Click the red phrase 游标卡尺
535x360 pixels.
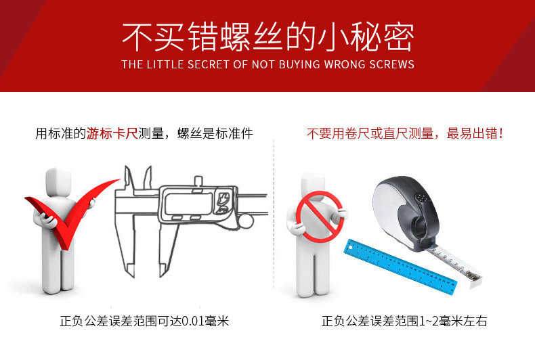pyautogui.click(x=112, y=133)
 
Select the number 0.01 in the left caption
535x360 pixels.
pyautogui.click(x=192, y=321)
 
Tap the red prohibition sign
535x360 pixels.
pyautogui.click(x=319, y=217)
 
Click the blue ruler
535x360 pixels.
pyautogui.click(x=400, y=267)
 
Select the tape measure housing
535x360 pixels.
pyautogui.click(x=406, y=212)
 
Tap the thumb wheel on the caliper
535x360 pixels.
pyautogui.click(x=245, y=221)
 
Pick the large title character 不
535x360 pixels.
pyautogui.click(x=137, y=37)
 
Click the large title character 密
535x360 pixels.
pyautogui.click(x=398, y=37)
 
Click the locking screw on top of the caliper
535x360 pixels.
pyautogui.click(x=198, y=181)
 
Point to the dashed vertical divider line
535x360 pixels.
pyautogui.click(x=274, y=214)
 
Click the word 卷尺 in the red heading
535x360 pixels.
pyautogui.click(x=358, y=133)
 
